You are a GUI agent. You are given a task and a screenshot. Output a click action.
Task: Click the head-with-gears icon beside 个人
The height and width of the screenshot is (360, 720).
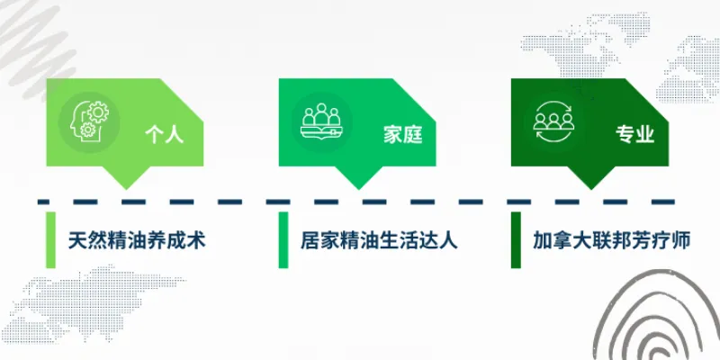87,122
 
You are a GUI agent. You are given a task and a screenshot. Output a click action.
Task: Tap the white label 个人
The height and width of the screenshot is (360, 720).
164,135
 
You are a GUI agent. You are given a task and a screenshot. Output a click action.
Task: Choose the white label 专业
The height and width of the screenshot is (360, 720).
634,135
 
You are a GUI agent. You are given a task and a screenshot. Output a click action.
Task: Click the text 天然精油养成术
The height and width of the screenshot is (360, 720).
138,240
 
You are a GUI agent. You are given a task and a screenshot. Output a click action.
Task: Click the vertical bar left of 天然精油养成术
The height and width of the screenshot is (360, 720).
50,240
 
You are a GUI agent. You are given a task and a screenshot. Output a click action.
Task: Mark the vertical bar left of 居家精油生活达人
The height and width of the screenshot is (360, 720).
283,240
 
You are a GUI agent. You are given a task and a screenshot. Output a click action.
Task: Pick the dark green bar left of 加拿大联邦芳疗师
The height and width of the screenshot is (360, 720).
516,240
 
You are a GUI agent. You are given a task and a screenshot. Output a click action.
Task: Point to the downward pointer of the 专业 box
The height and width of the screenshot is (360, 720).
590,184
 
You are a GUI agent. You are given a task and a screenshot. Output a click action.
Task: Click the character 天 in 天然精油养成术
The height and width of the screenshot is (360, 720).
78,240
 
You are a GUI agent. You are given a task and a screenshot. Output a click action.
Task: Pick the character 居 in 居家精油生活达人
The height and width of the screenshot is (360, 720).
310,240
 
